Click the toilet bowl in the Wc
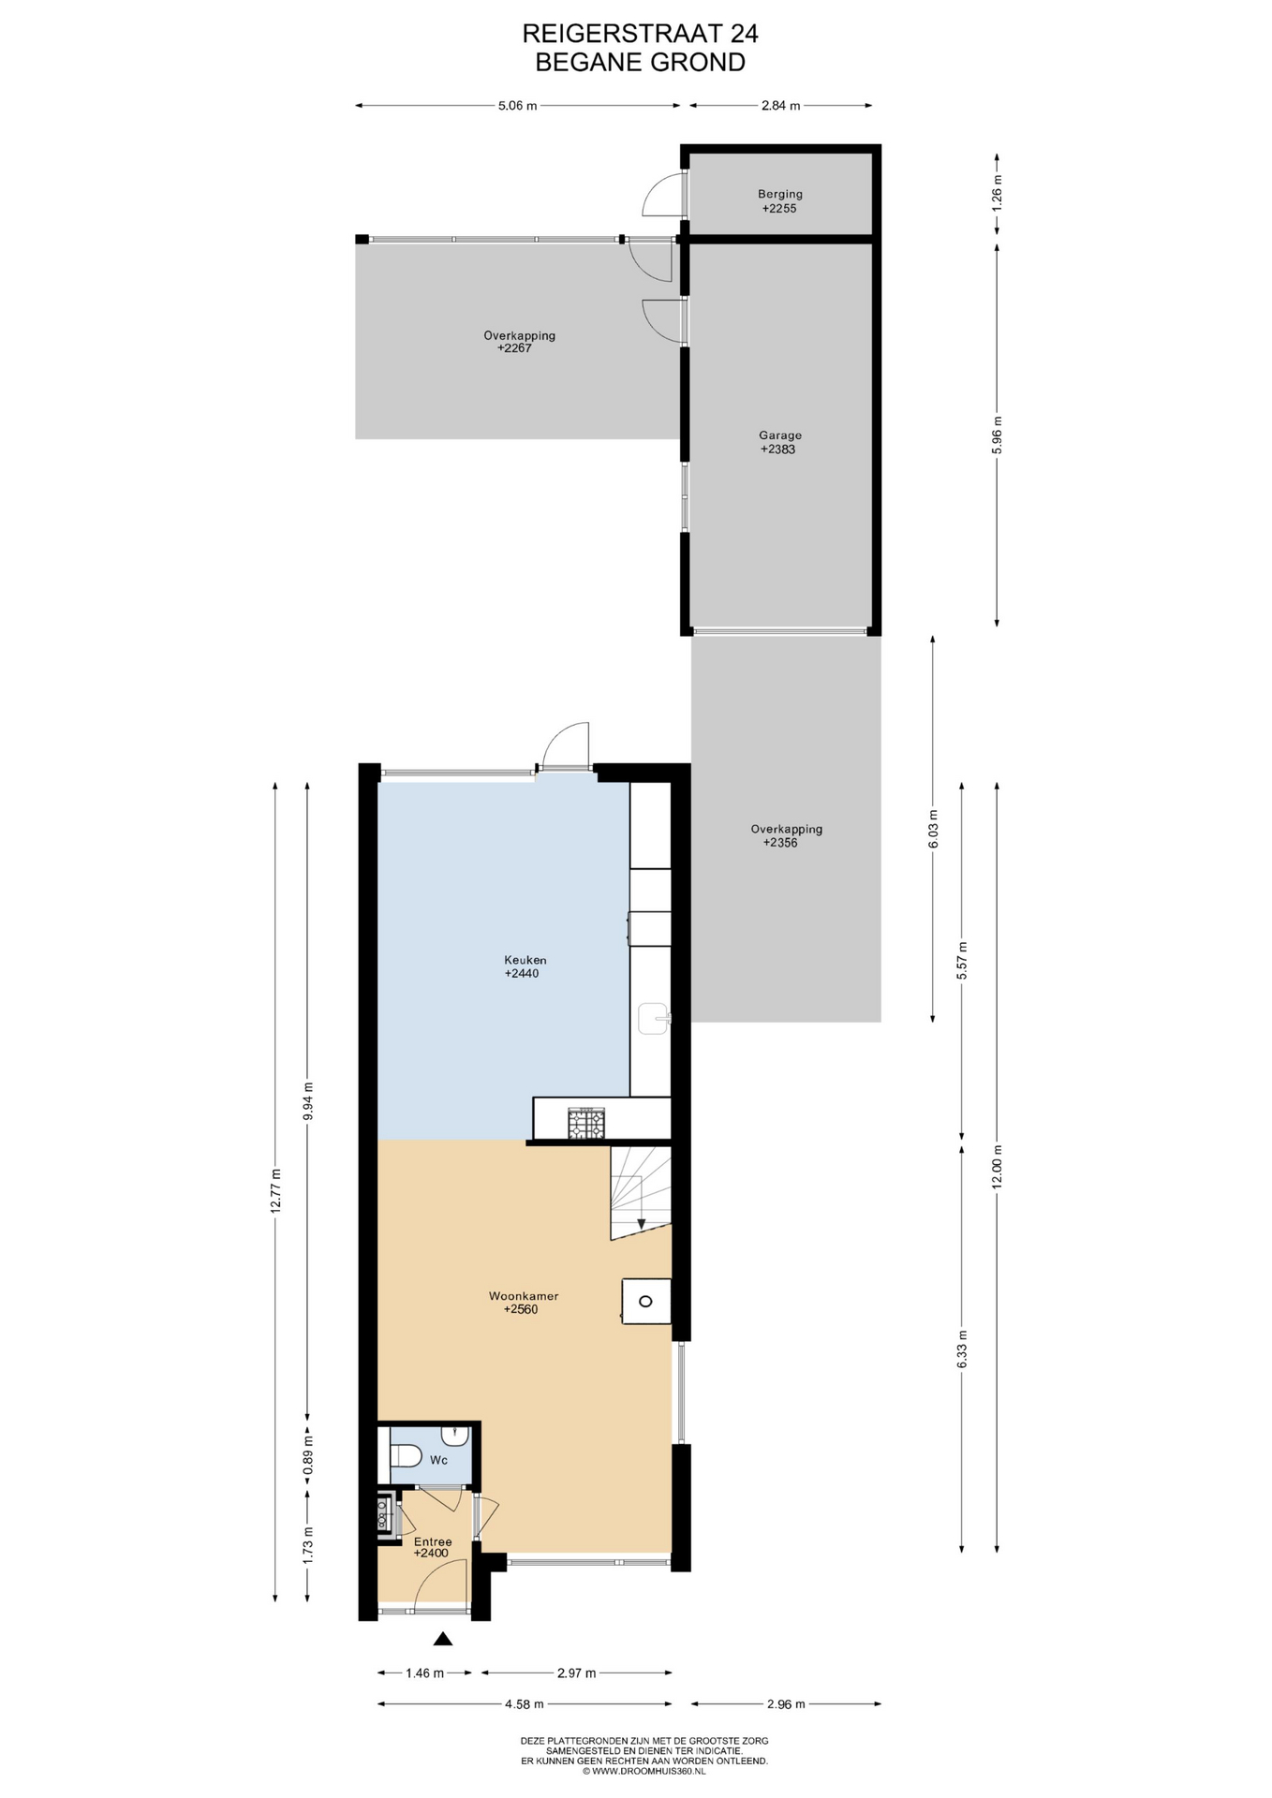pyautogui.click(x=405, y=1456)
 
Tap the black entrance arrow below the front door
pyautogui.click(x=443, y=1638)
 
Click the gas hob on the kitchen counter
pyautogui.click(x=585, y=1123)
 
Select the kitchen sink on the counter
pyautogui.click(x=654, y=1017)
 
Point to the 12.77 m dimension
pyautogui.click(x=275, y=1191)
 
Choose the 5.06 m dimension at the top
pyautogui.click(x=518, y=106)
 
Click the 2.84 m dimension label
pyautogui.click(x=780, y=106)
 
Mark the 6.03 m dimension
pyautogui.click(x=933, y=828)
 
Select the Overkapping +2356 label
pyautogui.click(x=786, y=835)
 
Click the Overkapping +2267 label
pyautogui.click(x=519, y=342)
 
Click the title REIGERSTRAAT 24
pyautogui.click(x=640, y=34)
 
